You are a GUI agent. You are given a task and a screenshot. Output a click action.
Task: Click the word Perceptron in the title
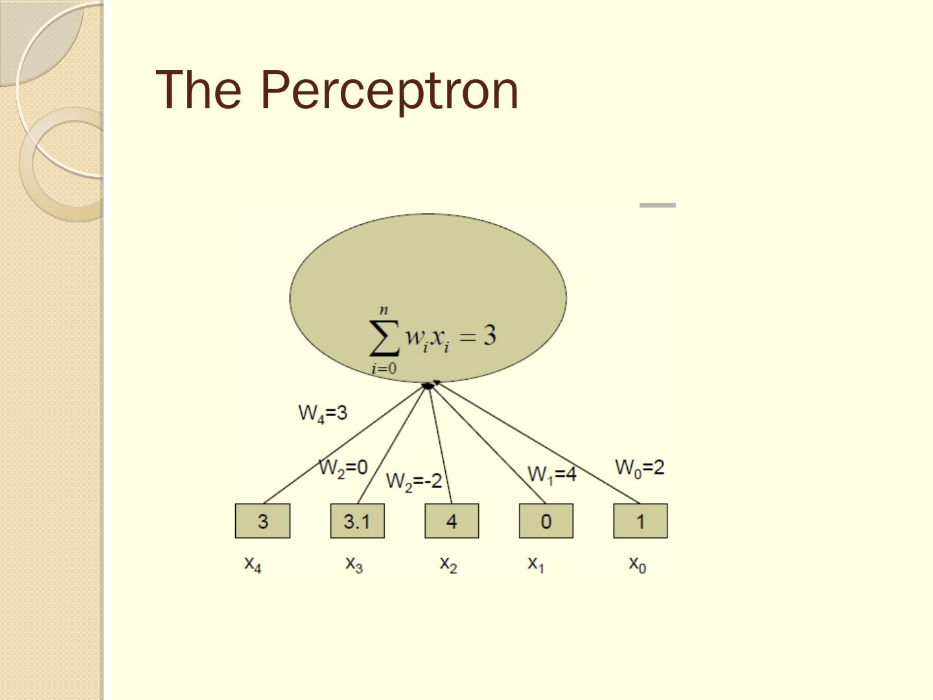[x=389, y=90]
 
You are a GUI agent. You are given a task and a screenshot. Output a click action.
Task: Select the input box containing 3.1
[x=357, y=521]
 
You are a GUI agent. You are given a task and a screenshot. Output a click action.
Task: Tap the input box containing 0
[x=546, y=521]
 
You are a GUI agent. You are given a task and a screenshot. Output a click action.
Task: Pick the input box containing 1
[x=640, y=521]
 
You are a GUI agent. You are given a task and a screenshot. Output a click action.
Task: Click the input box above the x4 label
[x=262, y=521]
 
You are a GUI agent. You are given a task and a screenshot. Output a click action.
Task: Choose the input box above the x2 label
[x=452, y=521]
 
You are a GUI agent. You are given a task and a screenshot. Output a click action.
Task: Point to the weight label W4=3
[x=323, y=414]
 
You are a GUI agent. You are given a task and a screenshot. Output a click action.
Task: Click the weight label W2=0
[x=343, y=468]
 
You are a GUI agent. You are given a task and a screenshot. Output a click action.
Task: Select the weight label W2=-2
[x=414, y=482]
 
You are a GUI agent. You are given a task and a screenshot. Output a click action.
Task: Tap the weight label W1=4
[x=552, y=475]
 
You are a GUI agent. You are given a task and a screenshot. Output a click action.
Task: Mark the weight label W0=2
[x=639, y=468]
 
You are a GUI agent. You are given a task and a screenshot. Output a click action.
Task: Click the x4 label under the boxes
[x=253, y=564]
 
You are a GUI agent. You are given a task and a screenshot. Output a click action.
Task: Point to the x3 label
[x=354, y=564]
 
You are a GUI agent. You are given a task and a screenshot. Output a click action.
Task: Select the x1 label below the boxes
[x=536, y=564]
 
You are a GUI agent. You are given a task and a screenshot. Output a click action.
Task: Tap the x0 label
[x=638, y=564]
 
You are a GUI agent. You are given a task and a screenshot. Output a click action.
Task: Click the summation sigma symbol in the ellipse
[x=384, y=338]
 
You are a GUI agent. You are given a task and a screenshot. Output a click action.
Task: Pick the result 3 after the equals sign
[x=489, y=336]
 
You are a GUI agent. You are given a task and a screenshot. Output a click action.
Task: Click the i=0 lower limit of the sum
[x=384, y=369]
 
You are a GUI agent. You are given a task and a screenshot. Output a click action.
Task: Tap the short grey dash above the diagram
[x=658, y=205]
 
